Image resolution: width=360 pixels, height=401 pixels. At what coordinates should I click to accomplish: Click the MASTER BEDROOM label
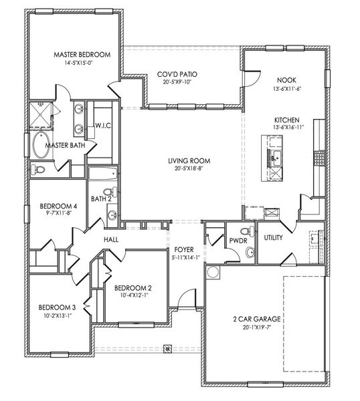coord(82,55)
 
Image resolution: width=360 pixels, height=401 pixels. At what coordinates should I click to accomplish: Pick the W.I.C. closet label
coord(102,125)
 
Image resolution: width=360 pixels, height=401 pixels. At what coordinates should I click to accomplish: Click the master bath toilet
coord(39,170)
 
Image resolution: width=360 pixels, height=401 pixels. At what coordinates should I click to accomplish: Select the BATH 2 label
coord(100,198)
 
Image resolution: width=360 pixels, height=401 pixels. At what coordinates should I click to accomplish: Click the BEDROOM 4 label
coord(59,206)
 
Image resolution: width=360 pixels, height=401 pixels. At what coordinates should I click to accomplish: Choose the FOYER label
coord(185,249)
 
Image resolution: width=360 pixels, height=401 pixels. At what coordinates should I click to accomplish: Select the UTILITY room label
coord(273,237)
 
